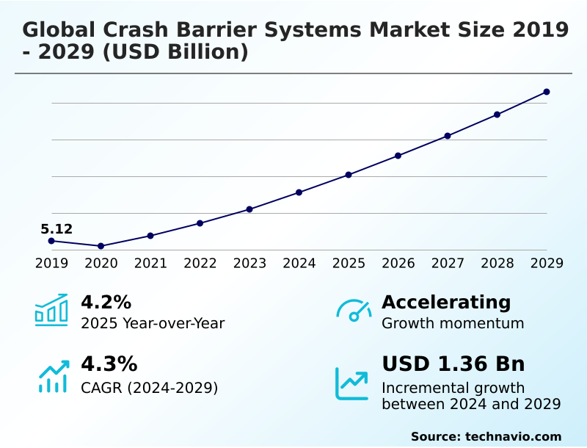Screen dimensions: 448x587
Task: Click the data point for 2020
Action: [x=101, y=246]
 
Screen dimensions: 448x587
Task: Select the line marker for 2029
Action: [x=547, y=92]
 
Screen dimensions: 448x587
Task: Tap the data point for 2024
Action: [x=299, y=192]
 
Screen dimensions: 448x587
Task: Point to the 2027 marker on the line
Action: [x=448, y=136]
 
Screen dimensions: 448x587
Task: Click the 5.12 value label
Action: [x=56, y=229]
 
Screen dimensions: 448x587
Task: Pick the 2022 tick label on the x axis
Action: [x=200, y=263]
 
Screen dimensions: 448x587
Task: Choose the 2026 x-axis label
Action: [x=398, y=263]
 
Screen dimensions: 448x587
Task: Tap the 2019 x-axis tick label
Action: [x=51, y=263]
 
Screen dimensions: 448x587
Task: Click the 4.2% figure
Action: [x=106, y=302]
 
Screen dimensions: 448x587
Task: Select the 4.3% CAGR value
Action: [x=109, y=364]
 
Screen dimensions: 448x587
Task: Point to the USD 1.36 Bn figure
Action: [x=453, y=364]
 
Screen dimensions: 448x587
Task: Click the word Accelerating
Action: [x=446, y=302]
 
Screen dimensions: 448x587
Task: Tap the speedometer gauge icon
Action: [x=354, y=311]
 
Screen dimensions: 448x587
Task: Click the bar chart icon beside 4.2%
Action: [x=51, y=310]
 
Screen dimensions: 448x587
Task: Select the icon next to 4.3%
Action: [x=53, y=376]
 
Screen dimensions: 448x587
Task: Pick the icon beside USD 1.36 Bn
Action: [x=352, y=383]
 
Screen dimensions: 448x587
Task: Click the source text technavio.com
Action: [x=513, y=436]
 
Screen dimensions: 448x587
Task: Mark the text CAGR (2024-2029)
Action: [x=149, y=388]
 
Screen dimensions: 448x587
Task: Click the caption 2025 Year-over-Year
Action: [x=153, y=323]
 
